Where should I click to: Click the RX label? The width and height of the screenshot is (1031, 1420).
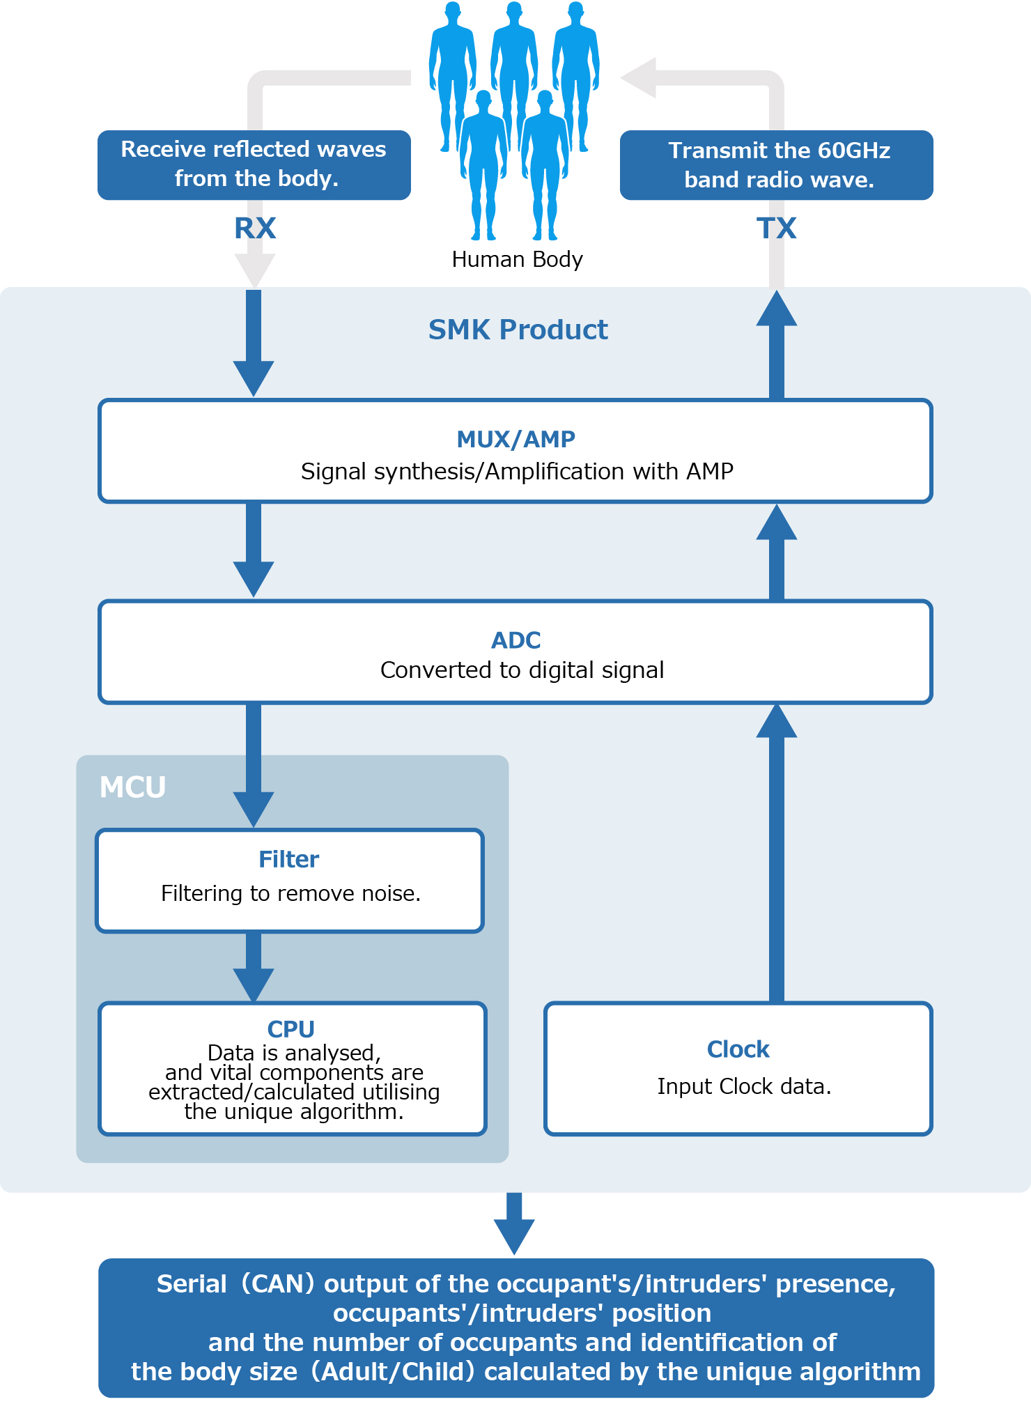(255, 229)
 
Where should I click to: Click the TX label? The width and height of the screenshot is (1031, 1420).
(776, 229)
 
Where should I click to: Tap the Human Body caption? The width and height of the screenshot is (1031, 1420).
(517, 259)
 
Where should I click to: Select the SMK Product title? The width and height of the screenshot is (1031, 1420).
(518, 330)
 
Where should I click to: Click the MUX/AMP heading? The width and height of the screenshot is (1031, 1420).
(515, 439)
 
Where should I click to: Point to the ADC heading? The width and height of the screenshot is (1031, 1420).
(515, 640)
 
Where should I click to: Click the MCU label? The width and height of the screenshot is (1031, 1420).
(132, 787)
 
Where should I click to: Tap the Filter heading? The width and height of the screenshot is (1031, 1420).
(288, 859)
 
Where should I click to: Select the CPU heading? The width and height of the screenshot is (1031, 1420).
(291, 1028)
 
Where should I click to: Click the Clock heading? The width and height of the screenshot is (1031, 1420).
(738, 1049)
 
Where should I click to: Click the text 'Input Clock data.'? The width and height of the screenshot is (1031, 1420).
(744, 1086)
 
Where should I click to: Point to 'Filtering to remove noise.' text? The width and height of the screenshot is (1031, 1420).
(290, 893)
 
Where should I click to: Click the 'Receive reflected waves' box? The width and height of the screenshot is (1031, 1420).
(254, 165)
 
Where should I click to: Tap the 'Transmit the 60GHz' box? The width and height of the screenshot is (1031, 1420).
(777, 165)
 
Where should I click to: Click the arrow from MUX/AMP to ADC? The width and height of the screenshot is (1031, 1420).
(254, 550)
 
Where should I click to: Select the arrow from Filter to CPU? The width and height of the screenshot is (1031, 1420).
(254, 967)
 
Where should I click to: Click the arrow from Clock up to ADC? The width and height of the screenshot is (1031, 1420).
(777, 853)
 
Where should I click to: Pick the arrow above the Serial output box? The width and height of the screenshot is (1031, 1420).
(514, 1224)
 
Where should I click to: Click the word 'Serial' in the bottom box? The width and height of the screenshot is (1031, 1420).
(192, 1283)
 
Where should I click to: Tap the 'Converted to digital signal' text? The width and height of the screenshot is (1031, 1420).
(522, 670)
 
